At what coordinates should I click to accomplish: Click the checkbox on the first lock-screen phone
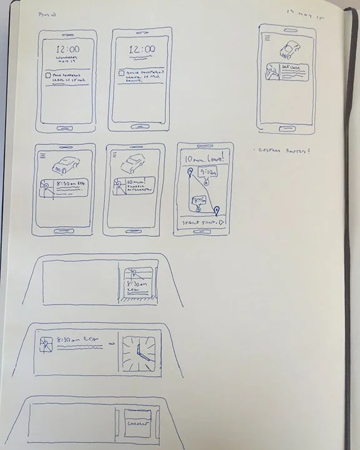pos(49,74)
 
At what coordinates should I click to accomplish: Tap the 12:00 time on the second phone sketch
pos(142,49)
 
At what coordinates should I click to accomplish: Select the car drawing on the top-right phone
pos(290,49)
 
